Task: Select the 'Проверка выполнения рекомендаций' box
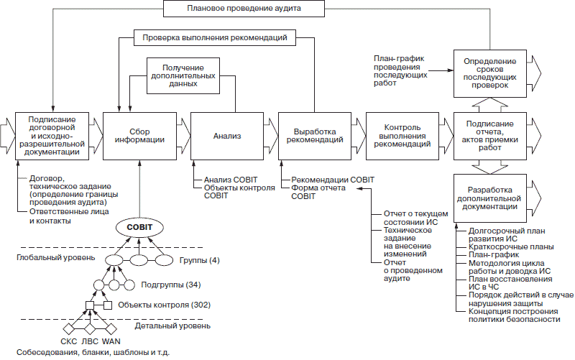pyautogui.click(x=214, y=36)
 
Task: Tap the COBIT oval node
pyautogui.click(x=139, y=228)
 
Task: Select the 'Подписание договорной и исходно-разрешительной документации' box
pyautogui.click(x=51, y=134)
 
